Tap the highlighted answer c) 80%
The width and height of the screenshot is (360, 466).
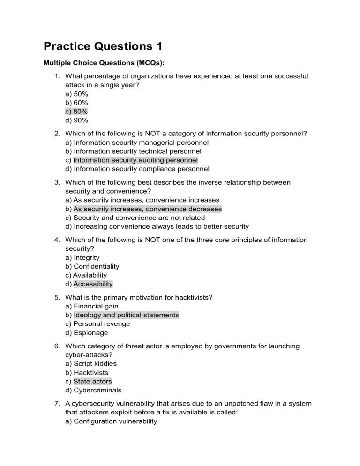click(x=76, y=111)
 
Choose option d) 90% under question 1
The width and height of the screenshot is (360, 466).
click(x=76, y=120)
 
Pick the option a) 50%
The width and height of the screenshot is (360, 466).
click(x=76, y=93)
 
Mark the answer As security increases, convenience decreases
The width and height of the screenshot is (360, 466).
click(x=148, y=209)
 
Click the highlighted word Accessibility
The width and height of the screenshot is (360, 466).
click(x=93, y=284)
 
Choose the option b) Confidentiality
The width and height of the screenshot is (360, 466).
click(x=92, y=266)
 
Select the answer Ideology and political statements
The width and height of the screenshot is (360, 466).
click(x=126, y=315)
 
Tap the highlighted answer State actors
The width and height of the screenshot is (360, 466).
click(x=93, y=382)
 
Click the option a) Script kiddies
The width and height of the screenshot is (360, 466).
click(x=91, y=364)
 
